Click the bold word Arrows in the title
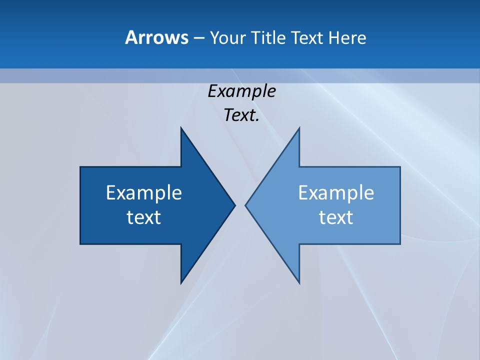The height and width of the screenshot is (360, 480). (x=156, y=37)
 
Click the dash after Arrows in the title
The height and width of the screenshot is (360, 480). (x=198, y=38)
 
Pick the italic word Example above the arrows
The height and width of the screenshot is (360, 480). (x=241, y=91)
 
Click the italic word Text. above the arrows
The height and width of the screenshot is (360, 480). (x=241, y=115)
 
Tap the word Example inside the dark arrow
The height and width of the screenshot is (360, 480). (x=144, y=192)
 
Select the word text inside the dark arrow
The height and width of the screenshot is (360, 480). (x=144, y=217)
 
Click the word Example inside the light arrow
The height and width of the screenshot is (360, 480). (x=336, y=192)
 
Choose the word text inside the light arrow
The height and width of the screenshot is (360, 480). (x=336, y=217)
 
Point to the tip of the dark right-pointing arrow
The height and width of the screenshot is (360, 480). (x=235, y=205)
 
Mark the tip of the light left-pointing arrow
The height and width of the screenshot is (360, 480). (x=245, y=205)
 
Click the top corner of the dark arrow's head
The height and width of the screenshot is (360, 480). (x=181, y=127)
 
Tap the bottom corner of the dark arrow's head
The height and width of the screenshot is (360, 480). (x=181, y=283)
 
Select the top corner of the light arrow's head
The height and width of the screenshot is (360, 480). (x=299, y=127)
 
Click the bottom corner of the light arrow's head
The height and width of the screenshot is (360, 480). (x=299, y=283)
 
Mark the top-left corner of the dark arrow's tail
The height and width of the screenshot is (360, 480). (x=80, y=167)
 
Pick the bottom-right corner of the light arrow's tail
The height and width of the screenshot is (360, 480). (x=400, y=244)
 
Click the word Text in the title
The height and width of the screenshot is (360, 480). (x=307, y=37)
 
